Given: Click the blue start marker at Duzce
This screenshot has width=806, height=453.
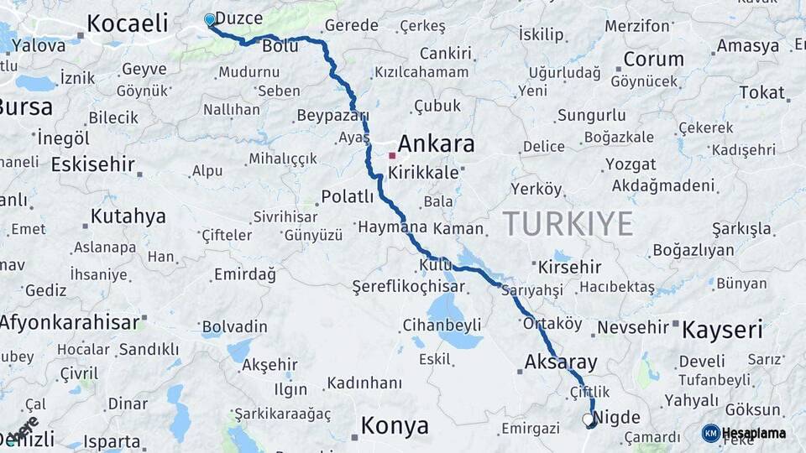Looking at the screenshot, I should click(x=210, y=19).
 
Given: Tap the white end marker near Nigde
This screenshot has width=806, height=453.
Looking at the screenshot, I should click(x=588, y=418).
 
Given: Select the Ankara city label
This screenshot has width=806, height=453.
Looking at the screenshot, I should click(x=436, y=143).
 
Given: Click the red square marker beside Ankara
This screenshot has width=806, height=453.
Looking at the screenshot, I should click(x=391, y=155).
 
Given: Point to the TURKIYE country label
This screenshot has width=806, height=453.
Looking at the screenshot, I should click(x=568, y=224).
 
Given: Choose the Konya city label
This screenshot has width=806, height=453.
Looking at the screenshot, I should click(x=394, y=426).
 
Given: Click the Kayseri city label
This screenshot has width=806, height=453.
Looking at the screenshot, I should click(x=722, y=330).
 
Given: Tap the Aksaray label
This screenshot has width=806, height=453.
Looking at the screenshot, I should click(x=560, y=363).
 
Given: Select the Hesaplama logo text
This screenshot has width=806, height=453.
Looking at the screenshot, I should click(x=753, y=434).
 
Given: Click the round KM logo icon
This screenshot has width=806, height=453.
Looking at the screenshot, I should click(x=710, y=433).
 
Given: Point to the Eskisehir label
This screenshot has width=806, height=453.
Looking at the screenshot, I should click(x=93, y=164).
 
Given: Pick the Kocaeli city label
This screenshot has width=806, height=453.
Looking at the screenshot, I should click(x=128, y=23).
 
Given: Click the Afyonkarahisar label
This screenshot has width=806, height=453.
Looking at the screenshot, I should click(x=69, y=322).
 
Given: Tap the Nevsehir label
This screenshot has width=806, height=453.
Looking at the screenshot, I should click(x=632, y=327).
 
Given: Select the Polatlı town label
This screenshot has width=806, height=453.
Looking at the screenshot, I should click(x=347, y=197).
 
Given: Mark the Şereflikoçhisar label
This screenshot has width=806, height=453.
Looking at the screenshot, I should click(x=408, y=286).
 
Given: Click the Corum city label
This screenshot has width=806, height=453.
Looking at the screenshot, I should click(x=653, y=60).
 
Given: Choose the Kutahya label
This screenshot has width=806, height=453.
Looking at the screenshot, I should click(x=128, y=216).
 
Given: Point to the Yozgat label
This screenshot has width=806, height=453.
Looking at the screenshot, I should click(x=631, y=164).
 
